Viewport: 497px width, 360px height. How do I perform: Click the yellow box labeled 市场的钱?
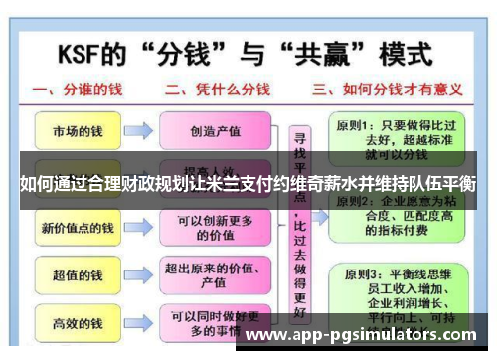tap(78, 130)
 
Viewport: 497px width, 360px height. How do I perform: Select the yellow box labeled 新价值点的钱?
tap(78, 228)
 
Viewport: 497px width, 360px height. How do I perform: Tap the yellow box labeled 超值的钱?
tap(78, 274)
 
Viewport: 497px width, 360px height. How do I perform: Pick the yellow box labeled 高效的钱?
tap(78, 322)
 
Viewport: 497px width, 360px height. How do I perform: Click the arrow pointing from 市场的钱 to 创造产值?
tap(140, 130)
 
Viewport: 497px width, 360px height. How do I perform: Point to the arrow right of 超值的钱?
tap(140, 274)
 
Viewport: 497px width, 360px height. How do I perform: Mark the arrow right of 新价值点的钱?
tap(140, 228)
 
